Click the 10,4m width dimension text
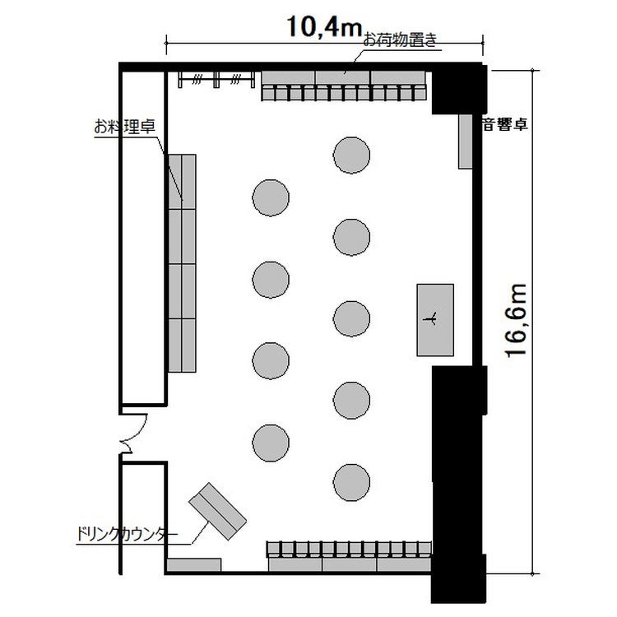point(324,26)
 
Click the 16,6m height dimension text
point(517,320)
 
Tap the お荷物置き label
point(399,40)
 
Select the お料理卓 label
point(125,127)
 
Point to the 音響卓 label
point(505,125)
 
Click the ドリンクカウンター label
point(127,534)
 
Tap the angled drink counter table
point(218,511)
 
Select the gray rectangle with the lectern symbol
point(435,320)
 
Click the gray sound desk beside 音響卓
point(466,141)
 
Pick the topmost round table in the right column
point(351,155)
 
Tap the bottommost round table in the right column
point(351,482)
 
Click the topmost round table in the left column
point(271,197)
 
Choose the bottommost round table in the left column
point(271,443)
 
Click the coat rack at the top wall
point(216,80)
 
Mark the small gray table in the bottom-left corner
point(193,564)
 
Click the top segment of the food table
point(182,182)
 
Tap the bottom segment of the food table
point(182,346)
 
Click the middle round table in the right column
point(351,318)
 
